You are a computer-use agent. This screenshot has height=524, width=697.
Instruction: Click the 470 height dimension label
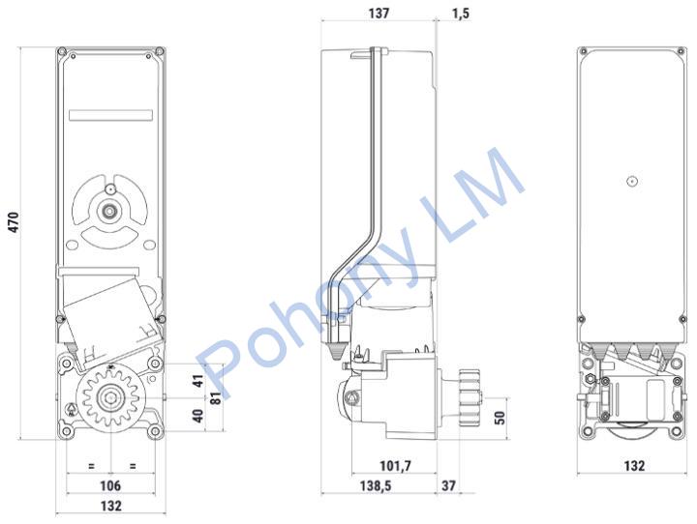pos(14,222)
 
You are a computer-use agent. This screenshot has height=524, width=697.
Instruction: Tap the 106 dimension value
pos(110,485)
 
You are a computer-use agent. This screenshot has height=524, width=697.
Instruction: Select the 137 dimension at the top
pos(379,13)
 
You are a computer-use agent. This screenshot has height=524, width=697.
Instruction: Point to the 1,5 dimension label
pos(461,13)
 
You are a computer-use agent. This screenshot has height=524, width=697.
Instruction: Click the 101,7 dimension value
pos(395,466)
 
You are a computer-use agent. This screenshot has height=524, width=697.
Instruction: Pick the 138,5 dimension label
pos(376,485)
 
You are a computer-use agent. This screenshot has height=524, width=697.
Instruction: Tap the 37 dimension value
pos(448,485)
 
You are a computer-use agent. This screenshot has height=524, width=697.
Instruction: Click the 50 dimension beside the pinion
pos(500,418)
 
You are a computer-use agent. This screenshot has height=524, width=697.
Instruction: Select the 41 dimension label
pos(197,381)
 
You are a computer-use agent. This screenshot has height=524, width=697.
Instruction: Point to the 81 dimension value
pos(215,397)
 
